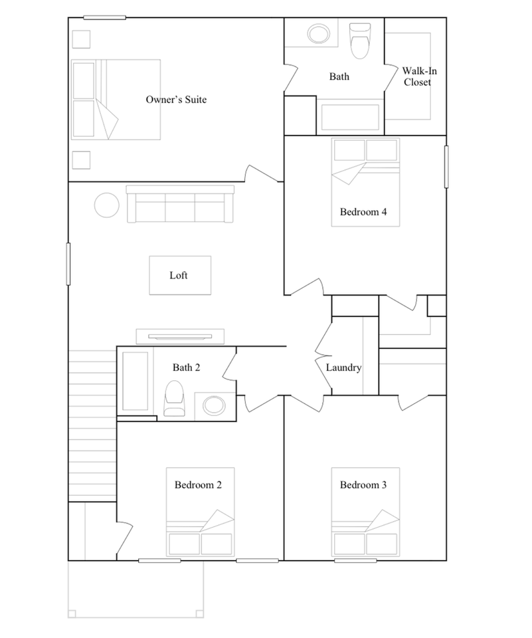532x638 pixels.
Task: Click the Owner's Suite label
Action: pos(176,100)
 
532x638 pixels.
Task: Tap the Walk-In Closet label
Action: pos(417,76)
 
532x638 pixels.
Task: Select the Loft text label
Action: pos(179,275)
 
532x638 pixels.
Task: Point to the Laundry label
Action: pos(343,368)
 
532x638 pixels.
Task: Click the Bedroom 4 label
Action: pos(363,212)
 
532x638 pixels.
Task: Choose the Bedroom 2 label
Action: pos(198,484)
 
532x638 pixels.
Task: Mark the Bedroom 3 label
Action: pos(363,484)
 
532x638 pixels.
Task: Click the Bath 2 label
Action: pos(187,367)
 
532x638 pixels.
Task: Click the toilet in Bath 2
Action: pos(174,398)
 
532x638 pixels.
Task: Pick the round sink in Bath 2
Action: pos(215,404)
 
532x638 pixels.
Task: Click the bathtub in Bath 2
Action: pos(135,381)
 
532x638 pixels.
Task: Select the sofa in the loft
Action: pos(180,204)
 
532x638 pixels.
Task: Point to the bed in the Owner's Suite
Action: pos(116,100)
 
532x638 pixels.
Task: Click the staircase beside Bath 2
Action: pos(93,425)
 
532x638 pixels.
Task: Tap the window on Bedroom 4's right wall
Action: pos(446,166)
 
